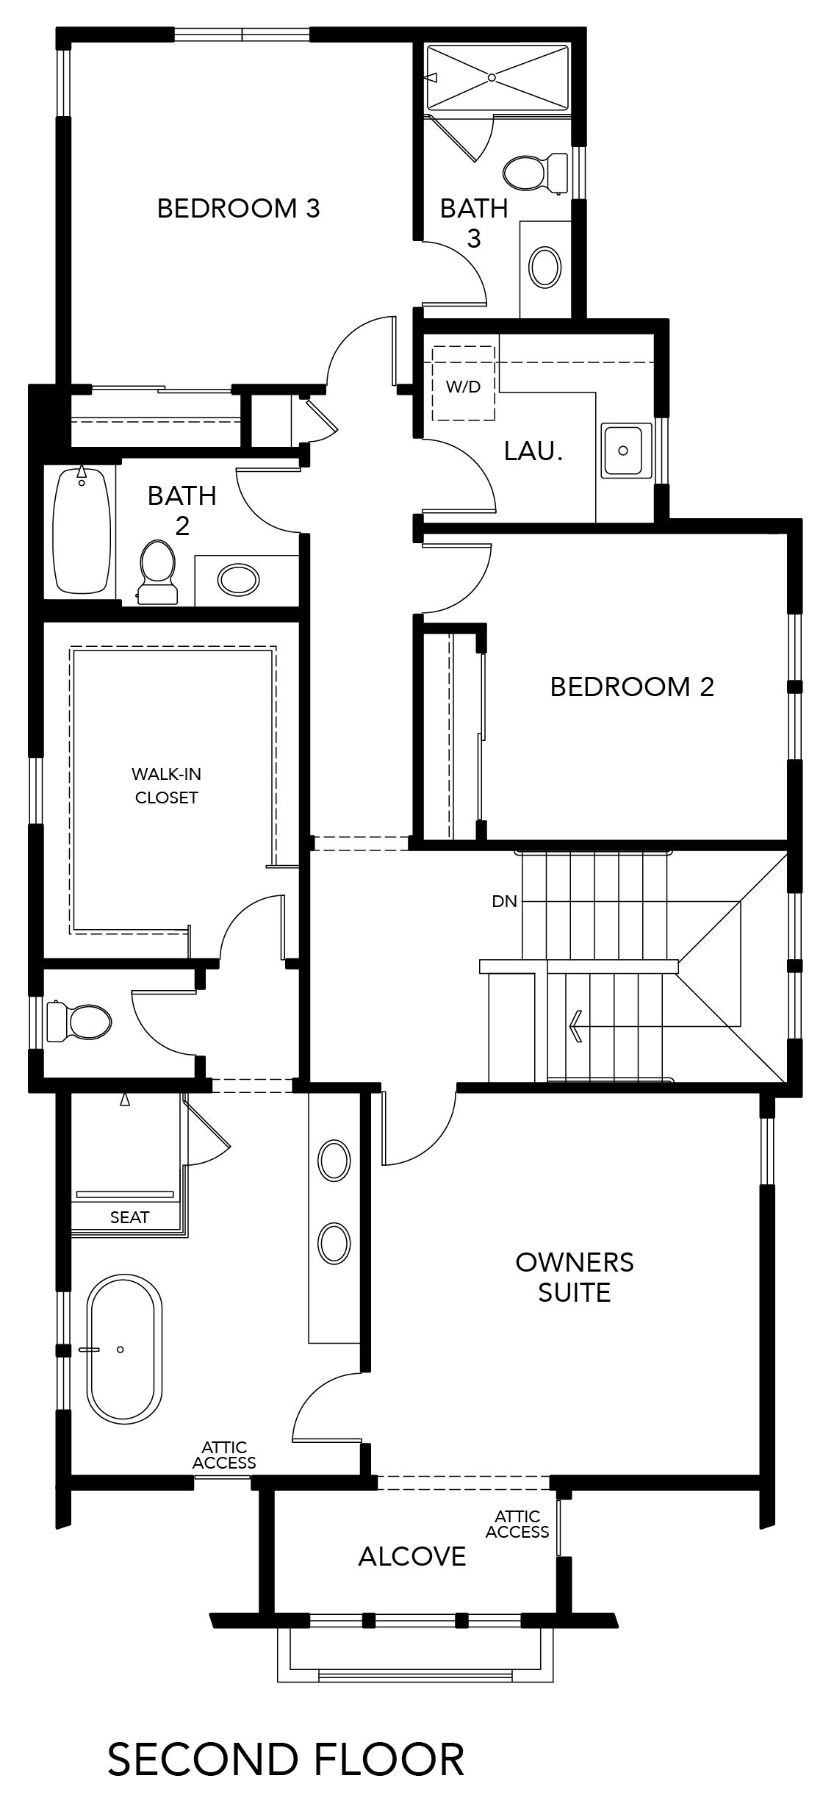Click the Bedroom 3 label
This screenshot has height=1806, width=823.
click(239, 209)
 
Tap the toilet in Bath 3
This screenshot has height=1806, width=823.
click(535, 173)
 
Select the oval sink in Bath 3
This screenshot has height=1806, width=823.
click(545, 267)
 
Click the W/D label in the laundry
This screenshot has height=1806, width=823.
click(463, 387)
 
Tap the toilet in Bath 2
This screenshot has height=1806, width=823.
click(157, 573)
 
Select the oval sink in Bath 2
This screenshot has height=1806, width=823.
click(238, 580)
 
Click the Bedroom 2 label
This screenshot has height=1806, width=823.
click(632, 687)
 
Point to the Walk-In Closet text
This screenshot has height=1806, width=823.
click(167, 786)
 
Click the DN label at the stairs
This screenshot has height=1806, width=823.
click(505, 901)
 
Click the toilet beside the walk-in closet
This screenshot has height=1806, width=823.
click(79, 1022)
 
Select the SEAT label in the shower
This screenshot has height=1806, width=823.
click(130, 1217)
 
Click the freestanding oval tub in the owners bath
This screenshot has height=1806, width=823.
click(125, 1350)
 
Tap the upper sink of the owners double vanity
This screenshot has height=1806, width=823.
click(334, 1161)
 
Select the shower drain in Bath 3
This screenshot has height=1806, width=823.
click(492, 76)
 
